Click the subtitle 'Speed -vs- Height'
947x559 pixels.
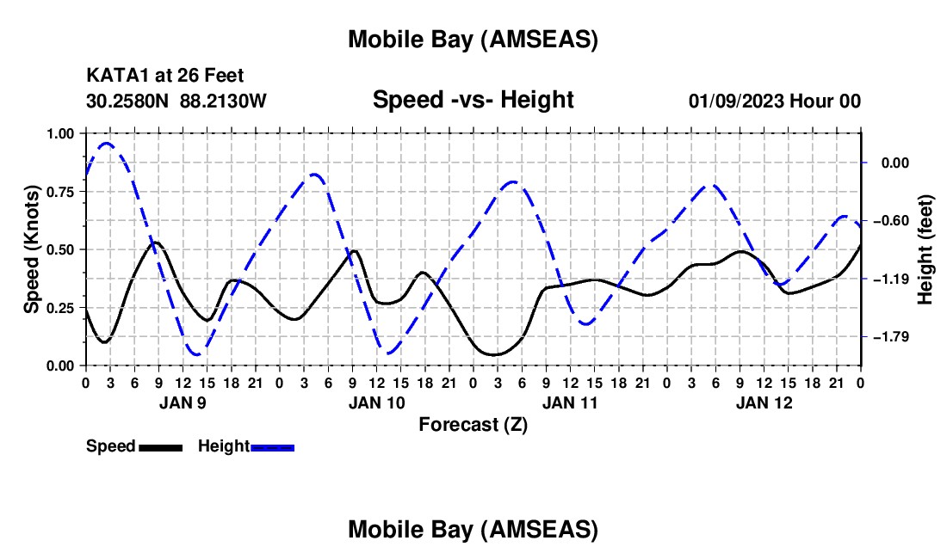tap(473, 100)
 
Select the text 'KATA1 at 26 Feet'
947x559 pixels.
tap(158, 77)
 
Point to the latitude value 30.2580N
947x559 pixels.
tap(128, 101)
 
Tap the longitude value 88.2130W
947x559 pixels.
tap(224, 101)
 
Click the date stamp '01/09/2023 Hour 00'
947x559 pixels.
tap(774, 101)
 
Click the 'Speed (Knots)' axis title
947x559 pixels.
tap(32, 249)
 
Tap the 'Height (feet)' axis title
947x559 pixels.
tap(925, 249)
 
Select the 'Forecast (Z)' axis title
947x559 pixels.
tap(473, 424)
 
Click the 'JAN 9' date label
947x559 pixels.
tap(182, 402)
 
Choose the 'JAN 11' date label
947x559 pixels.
tap(569, 402)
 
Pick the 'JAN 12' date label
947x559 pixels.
tap(763, 402)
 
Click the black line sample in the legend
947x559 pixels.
tap(160, 447)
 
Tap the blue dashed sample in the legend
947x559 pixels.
tap(273, 447)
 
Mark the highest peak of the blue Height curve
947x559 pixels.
tap(106, 144)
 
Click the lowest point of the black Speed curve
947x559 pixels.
tap(495, 354)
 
